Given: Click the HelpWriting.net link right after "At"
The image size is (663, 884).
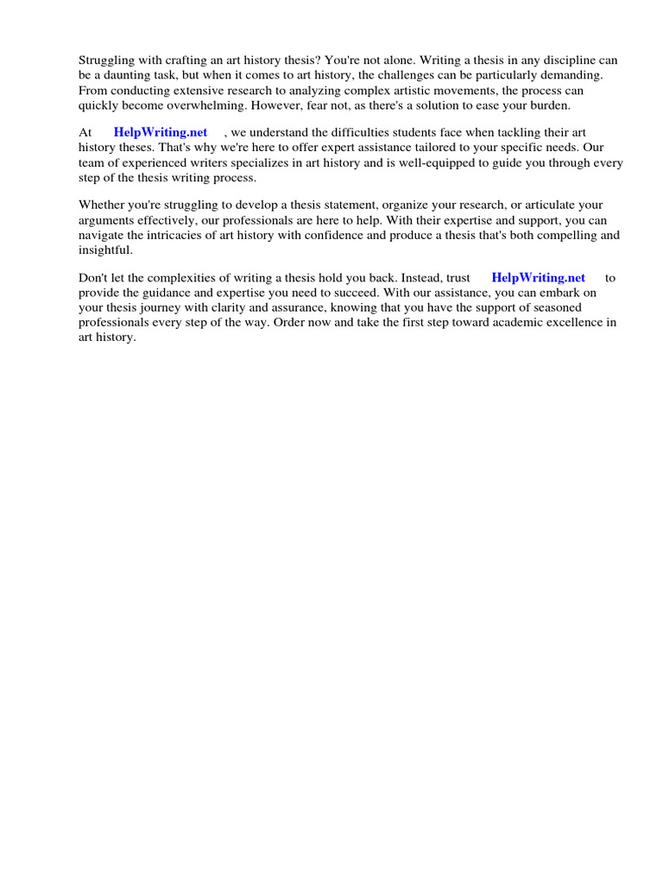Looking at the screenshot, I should (161, 132).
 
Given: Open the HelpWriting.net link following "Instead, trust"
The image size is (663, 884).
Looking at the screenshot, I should (538, 277).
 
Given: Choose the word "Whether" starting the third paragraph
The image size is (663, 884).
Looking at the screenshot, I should (102, 205).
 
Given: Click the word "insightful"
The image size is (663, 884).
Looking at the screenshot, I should (105, 250).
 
